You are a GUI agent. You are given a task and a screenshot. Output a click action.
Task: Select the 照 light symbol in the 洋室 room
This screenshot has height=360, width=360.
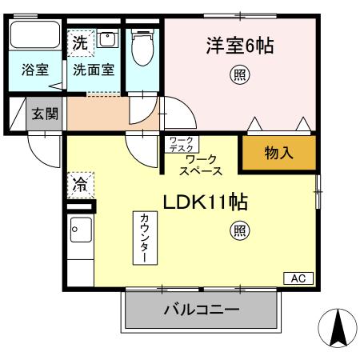tap(239, 76)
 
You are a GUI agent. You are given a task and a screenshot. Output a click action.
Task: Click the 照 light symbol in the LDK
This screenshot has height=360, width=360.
tap(239, 231)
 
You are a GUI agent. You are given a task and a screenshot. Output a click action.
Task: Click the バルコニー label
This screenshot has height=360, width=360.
tap(202, 310)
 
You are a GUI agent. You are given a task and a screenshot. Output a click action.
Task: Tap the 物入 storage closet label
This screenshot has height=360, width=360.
tap(278, 153)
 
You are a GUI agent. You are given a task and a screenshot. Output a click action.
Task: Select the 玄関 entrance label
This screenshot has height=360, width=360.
tap(44, 114)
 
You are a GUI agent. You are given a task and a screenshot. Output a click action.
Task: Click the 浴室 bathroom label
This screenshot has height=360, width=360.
tap(34, 70)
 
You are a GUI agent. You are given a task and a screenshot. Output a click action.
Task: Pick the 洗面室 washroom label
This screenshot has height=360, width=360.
tap(94, 70)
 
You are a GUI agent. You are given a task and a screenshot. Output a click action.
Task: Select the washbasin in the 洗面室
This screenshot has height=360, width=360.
tap(107, 39)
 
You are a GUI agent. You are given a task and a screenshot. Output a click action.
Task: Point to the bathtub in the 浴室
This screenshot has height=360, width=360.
tap(34, 35)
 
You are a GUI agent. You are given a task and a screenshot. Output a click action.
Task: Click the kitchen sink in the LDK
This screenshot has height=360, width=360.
tap(80, 234)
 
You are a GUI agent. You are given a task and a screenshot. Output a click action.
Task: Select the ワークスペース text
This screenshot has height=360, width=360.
tap(201, 165)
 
